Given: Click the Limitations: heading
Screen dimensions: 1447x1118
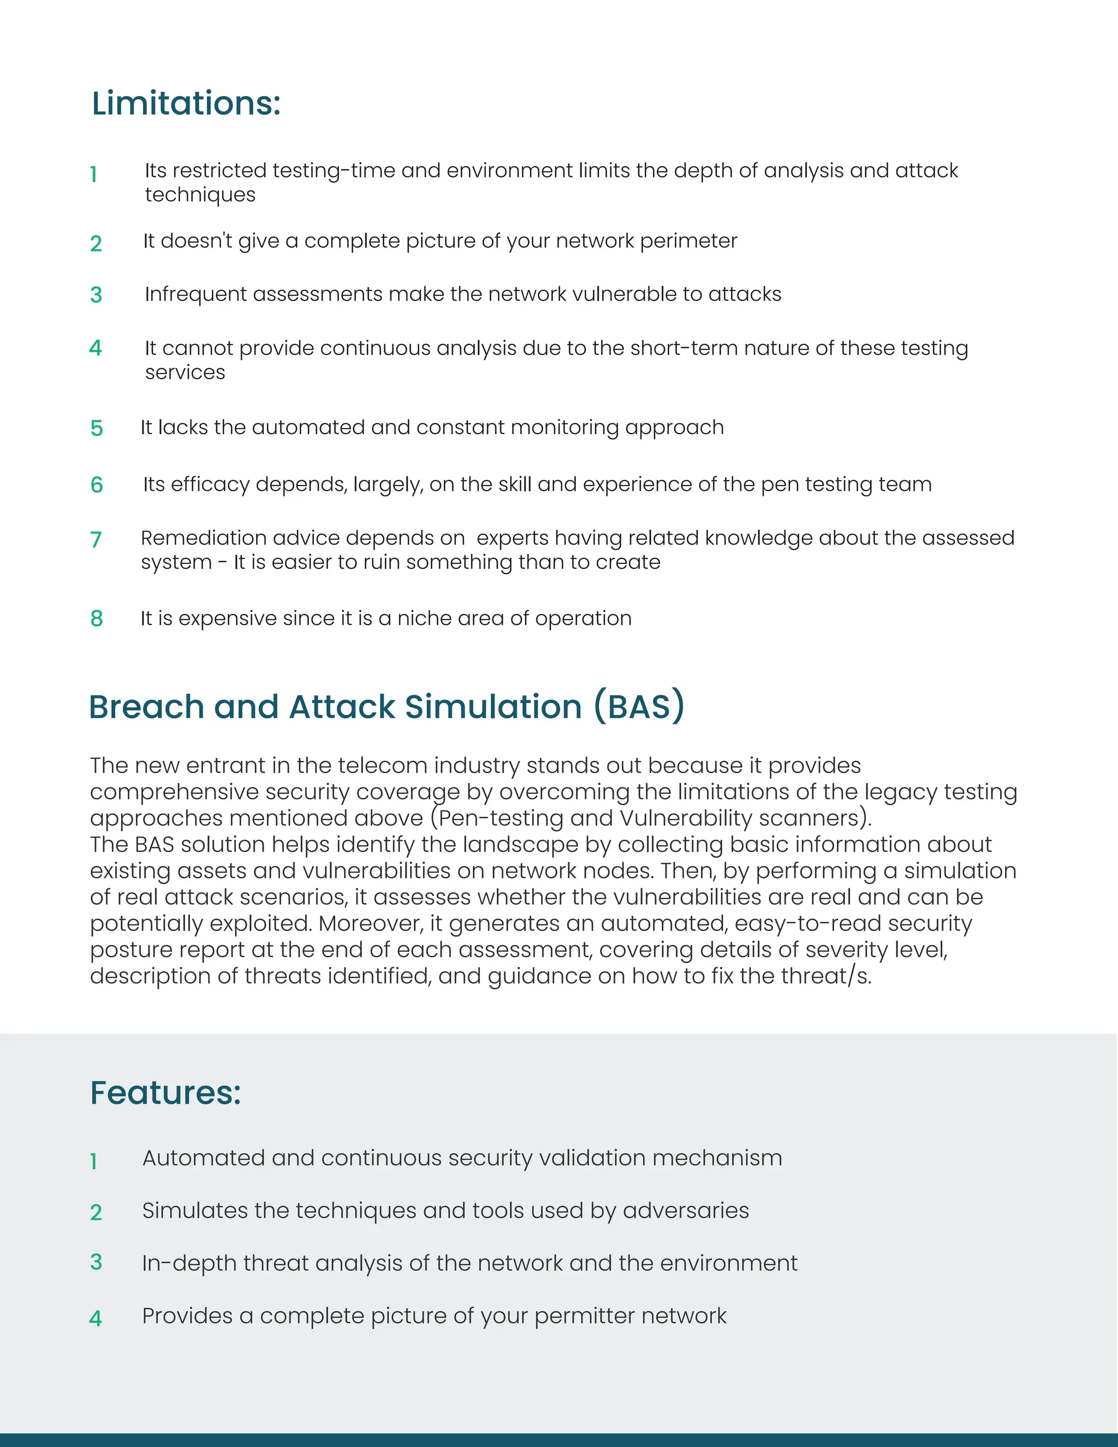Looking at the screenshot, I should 186,104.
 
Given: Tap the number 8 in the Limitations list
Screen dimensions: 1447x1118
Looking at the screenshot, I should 97,618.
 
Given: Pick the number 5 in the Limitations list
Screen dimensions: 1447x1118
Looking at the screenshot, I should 97,428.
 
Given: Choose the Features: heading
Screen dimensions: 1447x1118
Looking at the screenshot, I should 165,1093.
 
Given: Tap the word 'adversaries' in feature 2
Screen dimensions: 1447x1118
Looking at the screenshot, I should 686,1211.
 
